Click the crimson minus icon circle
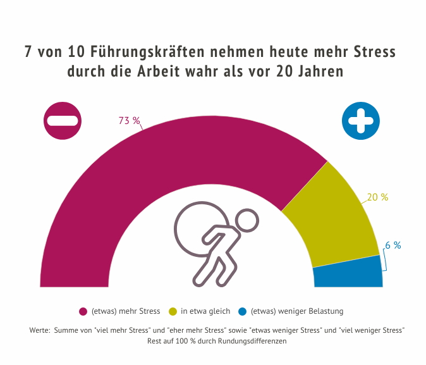click(63, 120)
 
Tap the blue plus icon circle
click(361, 120)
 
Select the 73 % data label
click(129, 121)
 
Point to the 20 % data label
click(377, 197)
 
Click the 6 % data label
click(393, 245)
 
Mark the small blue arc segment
click(348, 273)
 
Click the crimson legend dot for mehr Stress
click(82, 311)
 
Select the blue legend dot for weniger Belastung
click(242, 311)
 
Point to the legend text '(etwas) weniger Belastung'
click(297, 311)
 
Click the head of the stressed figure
click(248, 221)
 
